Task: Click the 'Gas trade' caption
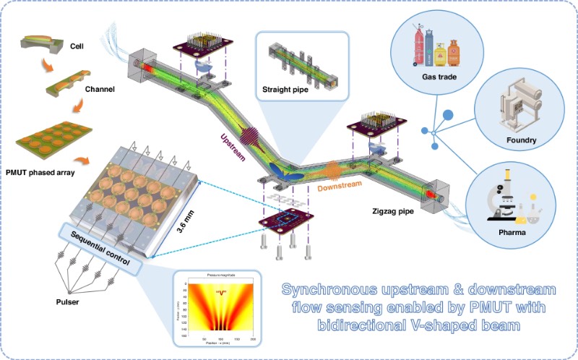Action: (x=441, y=77)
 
